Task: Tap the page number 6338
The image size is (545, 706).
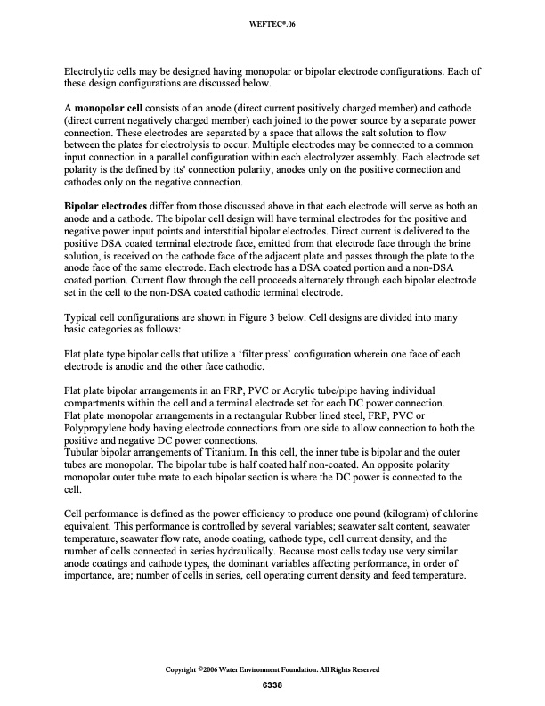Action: click(272, 684)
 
